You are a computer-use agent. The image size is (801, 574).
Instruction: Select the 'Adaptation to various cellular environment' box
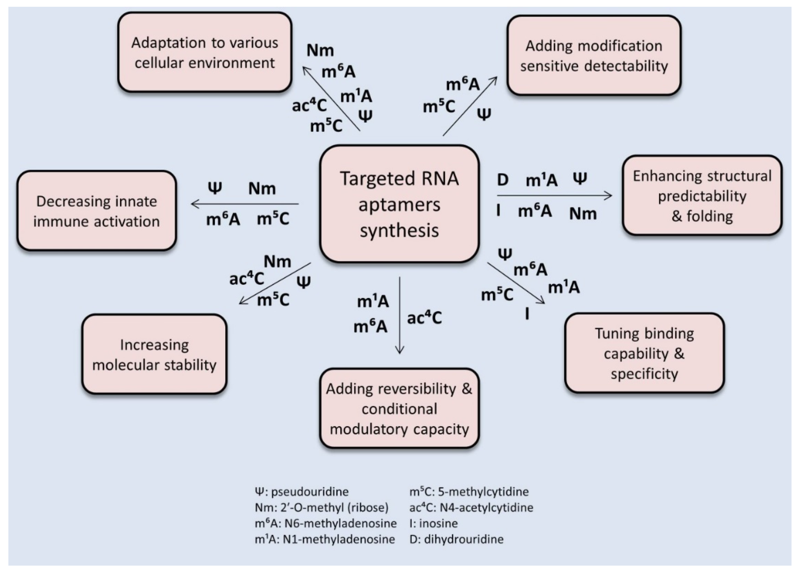(205, 52)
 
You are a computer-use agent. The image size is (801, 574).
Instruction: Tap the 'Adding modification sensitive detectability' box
(594, 56)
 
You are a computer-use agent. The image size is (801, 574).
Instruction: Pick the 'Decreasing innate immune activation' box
(96, 211)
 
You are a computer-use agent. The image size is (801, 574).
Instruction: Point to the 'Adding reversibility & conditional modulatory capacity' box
(399, 409)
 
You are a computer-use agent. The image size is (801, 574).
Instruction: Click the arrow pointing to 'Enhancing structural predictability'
(554, 195)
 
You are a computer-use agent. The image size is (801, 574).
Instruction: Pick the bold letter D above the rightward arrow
(502, 180)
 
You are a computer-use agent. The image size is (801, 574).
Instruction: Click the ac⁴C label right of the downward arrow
(424, 318)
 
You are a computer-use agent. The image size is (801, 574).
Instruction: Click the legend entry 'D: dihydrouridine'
(456, 539)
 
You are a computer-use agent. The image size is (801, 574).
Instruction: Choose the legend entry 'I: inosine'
(433, 523)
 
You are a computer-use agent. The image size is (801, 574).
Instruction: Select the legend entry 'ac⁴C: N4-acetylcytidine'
(471, 507)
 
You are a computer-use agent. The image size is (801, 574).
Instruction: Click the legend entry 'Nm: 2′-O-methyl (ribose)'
(321, 507)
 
